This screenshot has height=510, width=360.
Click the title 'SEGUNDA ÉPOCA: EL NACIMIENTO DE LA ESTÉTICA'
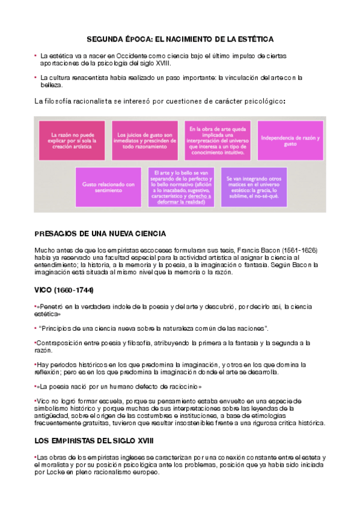(x=180, y=39)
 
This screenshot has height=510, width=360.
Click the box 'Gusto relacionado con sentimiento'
(x=108, y=187)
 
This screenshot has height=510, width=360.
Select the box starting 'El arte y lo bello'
(x=181, y=187)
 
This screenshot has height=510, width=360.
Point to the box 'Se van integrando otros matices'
(x=254, y=187)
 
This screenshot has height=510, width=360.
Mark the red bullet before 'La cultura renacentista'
(x=36, y=78)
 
